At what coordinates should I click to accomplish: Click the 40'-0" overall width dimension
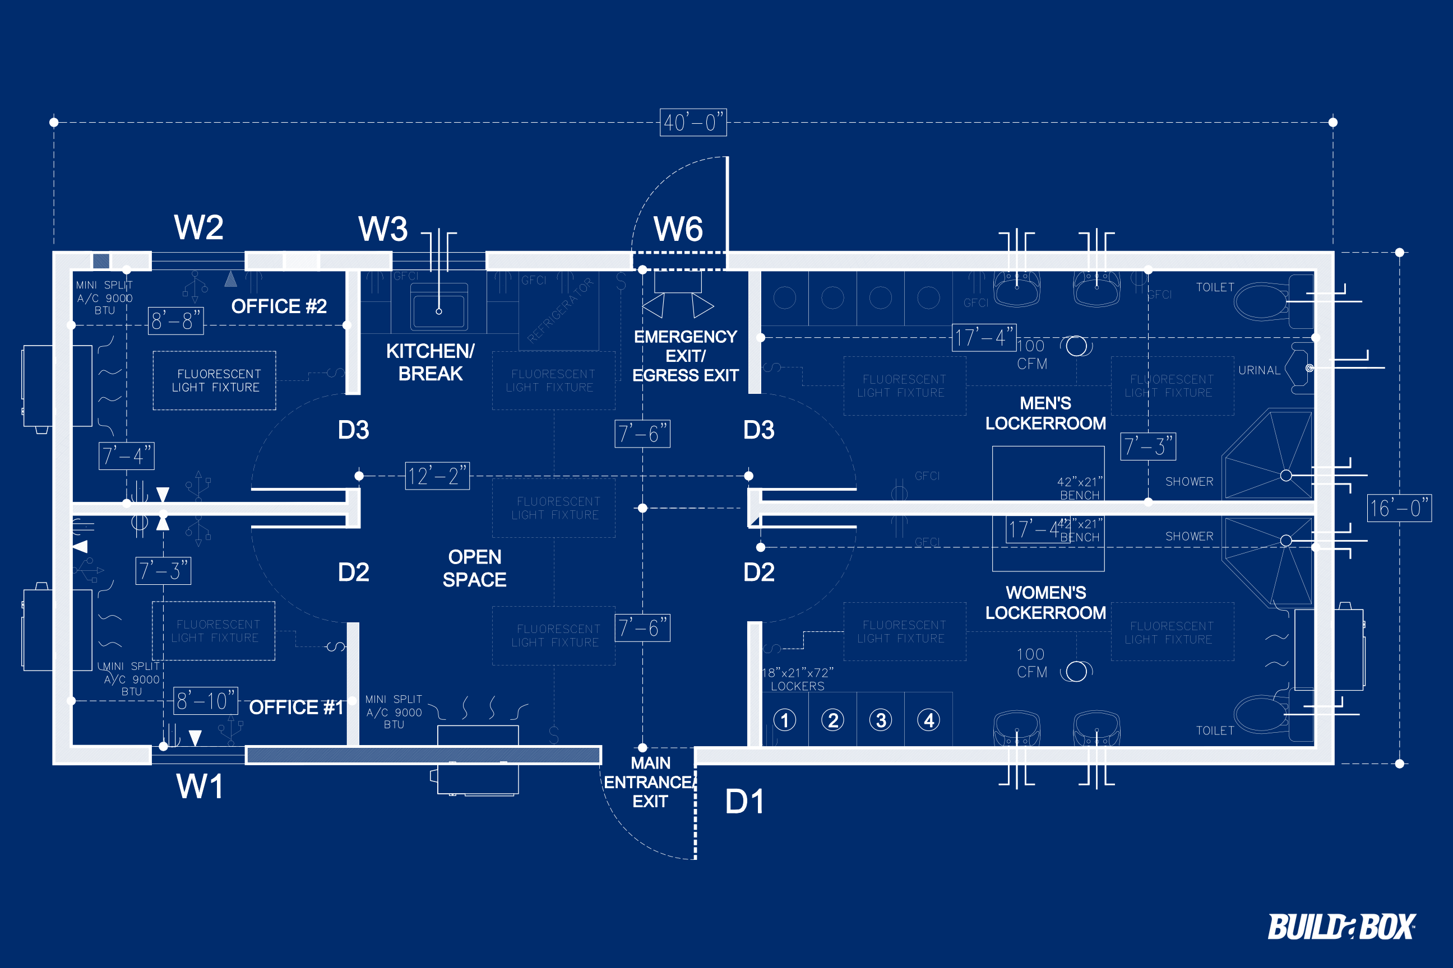692,122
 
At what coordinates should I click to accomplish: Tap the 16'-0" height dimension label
1399,508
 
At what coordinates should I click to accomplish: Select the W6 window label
678,229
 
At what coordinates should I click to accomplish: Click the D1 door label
744,801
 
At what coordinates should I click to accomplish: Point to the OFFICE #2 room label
279,306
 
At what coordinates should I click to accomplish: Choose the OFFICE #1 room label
295,707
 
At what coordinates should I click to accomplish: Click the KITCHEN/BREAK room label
430,362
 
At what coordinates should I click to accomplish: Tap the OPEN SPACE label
474,568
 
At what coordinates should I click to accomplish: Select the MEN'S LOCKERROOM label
1045,413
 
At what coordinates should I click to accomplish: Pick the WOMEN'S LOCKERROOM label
1045,603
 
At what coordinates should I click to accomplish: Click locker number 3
880,720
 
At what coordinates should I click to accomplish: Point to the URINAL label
1259,370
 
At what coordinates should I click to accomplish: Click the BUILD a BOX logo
1341,927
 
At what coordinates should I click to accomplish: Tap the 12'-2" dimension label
437,476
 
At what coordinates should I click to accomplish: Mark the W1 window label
199,787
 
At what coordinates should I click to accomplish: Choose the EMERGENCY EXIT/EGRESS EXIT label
685,356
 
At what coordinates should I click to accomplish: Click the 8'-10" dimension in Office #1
205,701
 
